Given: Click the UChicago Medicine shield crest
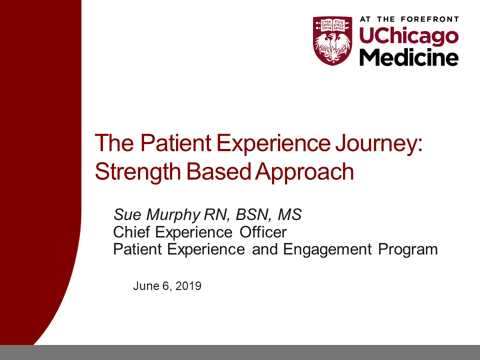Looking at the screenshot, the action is click(332, 40).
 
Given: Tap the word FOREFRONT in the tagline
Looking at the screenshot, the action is click(429, 19).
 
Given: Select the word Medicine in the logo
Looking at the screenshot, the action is click(408, 57).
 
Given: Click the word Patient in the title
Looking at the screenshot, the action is click(175, 143).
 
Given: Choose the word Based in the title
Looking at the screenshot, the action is click(218, 171).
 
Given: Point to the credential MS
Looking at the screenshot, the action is click(289, 214).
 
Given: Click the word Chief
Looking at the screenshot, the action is click(131, 232).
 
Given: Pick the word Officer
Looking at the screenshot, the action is click(263, 232).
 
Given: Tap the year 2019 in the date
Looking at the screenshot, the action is click(188, 286).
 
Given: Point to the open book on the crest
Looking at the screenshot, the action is click(332, 25).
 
